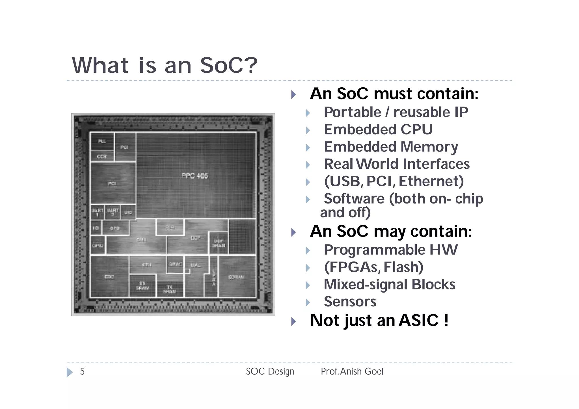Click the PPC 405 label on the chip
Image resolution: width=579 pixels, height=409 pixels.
click(195, 176)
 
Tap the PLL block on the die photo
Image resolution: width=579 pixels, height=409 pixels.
click(102, 141)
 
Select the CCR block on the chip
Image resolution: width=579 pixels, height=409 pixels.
click(102, 156)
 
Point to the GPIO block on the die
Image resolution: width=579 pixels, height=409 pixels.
click(98, 245)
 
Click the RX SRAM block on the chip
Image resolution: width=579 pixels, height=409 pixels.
click(142, 286)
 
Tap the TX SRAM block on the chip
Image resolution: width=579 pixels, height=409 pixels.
click(170, 289)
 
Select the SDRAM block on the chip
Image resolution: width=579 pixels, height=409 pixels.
click(236, 277)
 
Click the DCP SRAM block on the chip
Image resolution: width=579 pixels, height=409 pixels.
click(219, 243)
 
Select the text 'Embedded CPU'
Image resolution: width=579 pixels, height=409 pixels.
click(378, 129)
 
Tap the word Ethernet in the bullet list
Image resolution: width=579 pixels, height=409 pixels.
click(431, 181)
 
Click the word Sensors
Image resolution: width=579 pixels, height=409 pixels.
click(350, 302)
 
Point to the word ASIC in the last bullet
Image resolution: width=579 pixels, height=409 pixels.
click(418, 320)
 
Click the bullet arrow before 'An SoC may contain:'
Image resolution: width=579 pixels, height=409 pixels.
click(293, 232)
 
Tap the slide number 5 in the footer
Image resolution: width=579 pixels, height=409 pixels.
click(82, 371)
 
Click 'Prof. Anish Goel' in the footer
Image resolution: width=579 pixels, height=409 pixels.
click(352, 371)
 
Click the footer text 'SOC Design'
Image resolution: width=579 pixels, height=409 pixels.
click(270, 371)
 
